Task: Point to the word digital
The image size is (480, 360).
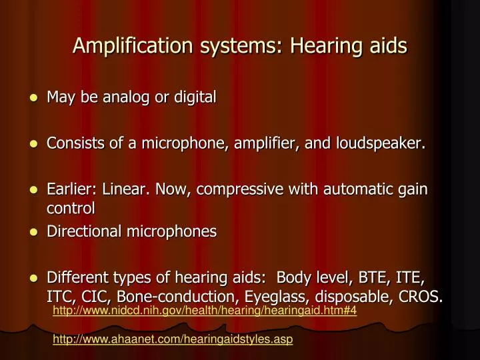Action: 193,97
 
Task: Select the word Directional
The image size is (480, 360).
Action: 81,231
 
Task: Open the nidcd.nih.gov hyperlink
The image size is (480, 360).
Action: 205,311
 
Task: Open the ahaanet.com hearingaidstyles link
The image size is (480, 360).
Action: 173,339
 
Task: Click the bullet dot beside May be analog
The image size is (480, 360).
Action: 34,98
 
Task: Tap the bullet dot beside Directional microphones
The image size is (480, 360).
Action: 34,232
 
